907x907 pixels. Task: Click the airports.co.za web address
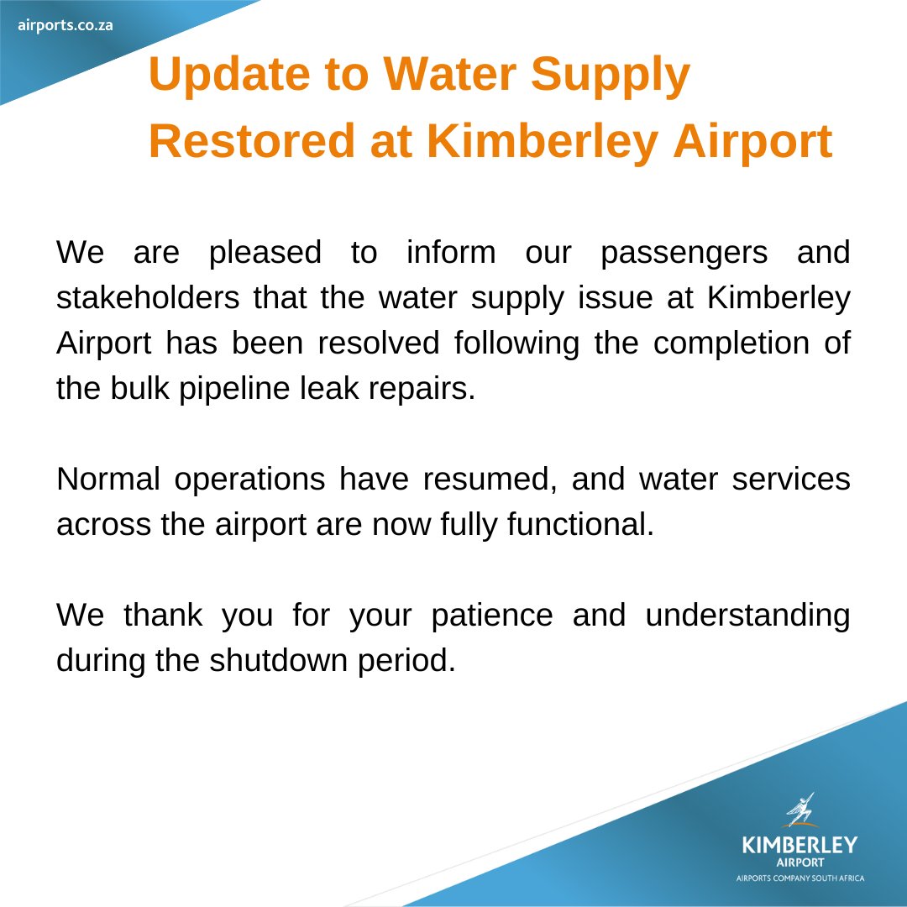click(x=66, y=24)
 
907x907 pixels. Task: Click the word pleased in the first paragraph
click(x=265, y=253)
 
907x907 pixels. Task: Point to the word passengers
click(x=684, y=253)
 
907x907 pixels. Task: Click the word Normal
click(x=107, y=480)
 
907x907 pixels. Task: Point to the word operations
click(x=249, y=480)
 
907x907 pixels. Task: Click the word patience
click(x=492, y=616)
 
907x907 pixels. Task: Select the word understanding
click(x=747, y=616)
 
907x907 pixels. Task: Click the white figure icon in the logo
click(x=800, y=810)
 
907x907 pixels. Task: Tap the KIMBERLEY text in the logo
click(x=800, y=844)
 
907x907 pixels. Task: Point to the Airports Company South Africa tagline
click(x=800, y=878)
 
